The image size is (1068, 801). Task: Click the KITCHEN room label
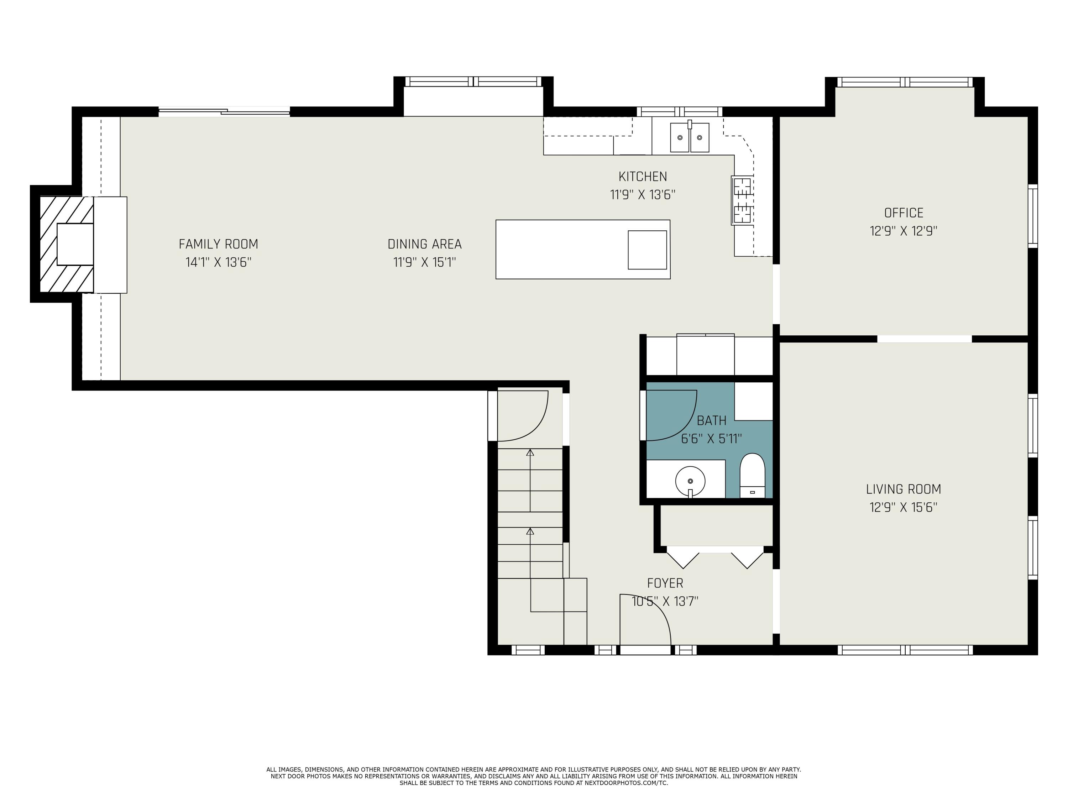pyautogui.click(x=642, y=177)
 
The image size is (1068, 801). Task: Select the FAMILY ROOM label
pyautogui.click(x=218, y=244)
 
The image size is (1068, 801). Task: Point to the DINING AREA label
pyautogui.click(x=424, y=244)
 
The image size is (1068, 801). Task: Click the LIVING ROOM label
pyautogui.click(x=904, y=489)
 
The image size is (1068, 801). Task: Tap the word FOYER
pyautogui.click(x=665, y=583)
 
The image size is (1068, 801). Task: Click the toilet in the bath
pyautogui.click(x=752, y=476)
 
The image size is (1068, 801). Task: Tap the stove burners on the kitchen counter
pyautogui.click(x=742, y=200)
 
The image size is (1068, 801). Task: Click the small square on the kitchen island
pyautogui.click(x=647, y=250)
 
